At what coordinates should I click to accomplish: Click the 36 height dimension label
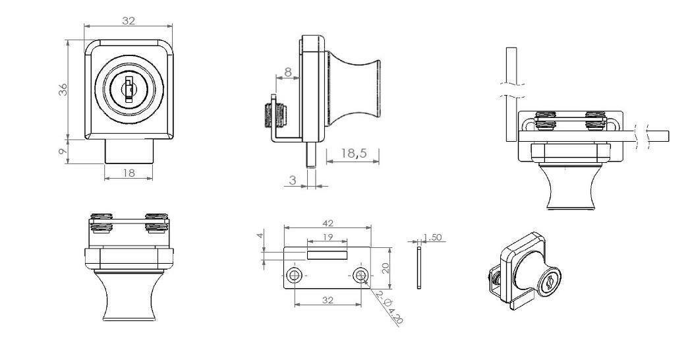click(63, 90)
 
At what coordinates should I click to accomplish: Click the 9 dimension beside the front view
click(63, 152)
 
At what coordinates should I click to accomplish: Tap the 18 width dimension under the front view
click(129, 173)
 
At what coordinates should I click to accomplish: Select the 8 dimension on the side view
click(288, 72)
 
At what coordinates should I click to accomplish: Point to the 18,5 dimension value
click(354, 153)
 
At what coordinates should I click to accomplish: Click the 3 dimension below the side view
click(293, 180)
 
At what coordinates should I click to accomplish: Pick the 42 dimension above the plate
click(328, 223)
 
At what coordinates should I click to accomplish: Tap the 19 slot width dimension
click(328, 237)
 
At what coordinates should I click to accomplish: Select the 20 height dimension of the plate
click(386, 268)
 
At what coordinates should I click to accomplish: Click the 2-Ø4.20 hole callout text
click(388, 307)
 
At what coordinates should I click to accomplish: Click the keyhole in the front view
click(129, 90)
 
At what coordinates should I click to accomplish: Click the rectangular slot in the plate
click(328, 254)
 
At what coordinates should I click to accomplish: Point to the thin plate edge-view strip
click(418, 268)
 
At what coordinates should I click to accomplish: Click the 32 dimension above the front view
click(129, 20)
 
